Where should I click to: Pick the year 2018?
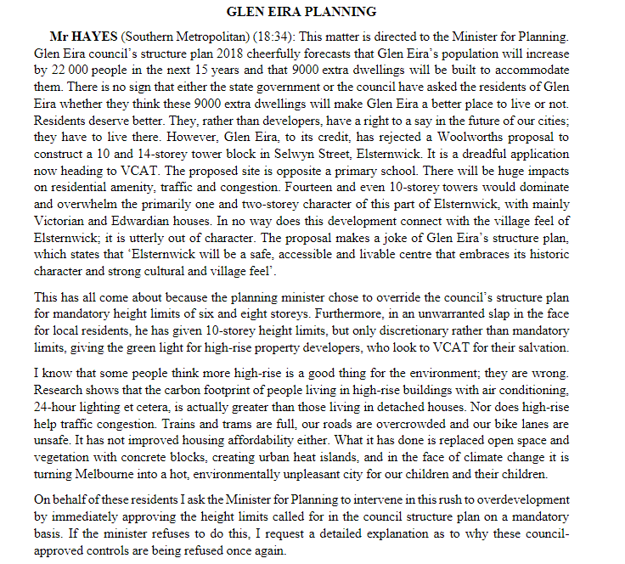pos(211,54)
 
